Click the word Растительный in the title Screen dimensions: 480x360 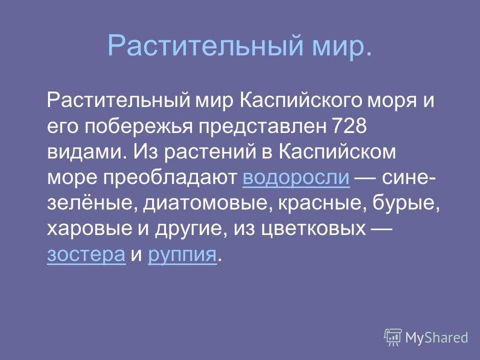coord(205,45)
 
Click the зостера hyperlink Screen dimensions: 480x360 coord(86,254)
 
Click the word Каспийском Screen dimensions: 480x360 coord(337,151)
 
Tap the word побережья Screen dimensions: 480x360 coord(138,126)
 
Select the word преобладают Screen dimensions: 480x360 coord(170,178)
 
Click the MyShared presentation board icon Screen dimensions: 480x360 coord(393,337)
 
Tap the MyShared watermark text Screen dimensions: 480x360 coord(436,337)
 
